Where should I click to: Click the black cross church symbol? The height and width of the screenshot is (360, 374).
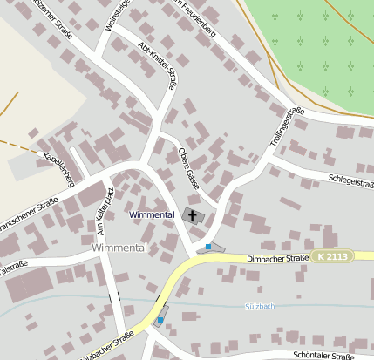coord(192,214)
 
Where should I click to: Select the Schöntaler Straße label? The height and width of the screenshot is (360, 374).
coord(323,356)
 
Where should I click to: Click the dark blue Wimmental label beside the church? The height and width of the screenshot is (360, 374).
coord(152,214)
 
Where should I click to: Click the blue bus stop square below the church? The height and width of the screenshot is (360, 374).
coord(207,247)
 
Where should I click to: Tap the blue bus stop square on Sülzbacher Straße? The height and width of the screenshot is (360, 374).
coord(160,320)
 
